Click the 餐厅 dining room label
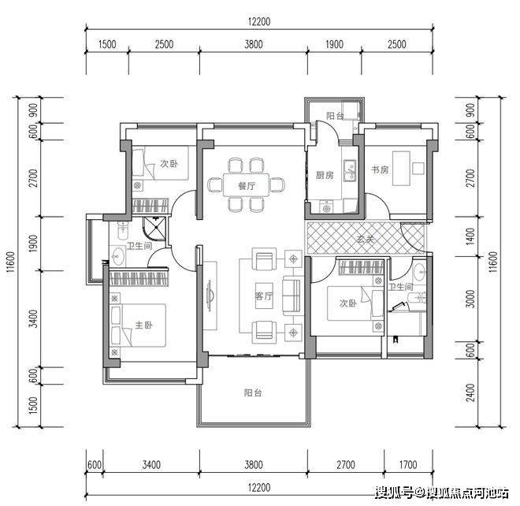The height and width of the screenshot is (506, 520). click(247, 186)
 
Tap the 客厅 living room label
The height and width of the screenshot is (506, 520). click(264, 296)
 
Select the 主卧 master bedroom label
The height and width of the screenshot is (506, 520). click(143, 325)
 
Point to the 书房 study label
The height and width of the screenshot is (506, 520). click(380, 169)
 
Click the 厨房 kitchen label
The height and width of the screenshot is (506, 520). click(325, 175)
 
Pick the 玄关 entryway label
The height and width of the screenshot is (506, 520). click(366, 239)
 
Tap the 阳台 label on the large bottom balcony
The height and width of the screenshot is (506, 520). click(253, 393)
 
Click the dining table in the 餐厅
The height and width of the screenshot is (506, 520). click(246, 184)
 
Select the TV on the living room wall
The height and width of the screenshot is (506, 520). click(209, 296)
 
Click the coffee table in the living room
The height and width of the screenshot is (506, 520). click(264, 296)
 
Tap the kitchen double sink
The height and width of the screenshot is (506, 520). click(350, 170)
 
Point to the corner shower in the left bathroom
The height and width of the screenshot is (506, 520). click(154, 229)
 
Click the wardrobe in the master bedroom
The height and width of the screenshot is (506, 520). click(139, 279)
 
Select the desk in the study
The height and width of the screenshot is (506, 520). click(401, 168)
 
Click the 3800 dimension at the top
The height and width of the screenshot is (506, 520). click(254, 44)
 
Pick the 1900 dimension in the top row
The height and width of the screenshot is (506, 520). click(334, 44)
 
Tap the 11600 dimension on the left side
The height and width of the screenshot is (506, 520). click(11, 262)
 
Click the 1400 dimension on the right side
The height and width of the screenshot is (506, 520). click(470, 236)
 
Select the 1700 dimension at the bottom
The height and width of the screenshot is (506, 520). click(408, 464)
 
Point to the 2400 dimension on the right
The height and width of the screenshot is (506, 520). click(470, 393)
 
